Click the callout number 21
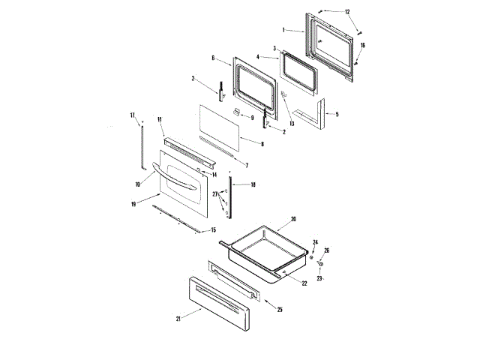click(178, 318)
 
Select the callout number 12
click(347, 12)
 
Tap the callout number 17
click(133, 115)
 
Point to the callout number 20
click(294, 219)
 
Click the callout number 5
click(337, 114)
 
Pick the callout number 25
click(280, 309)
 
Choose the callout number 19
click(134, 202)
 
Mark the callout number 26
click(326, 250)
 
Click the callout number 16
click(362, 46)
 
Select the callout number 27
click(215, 194)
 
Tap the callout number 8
click(262, 142)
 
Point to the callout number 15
click(213, 229)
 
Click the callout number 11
click(160, 120)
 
